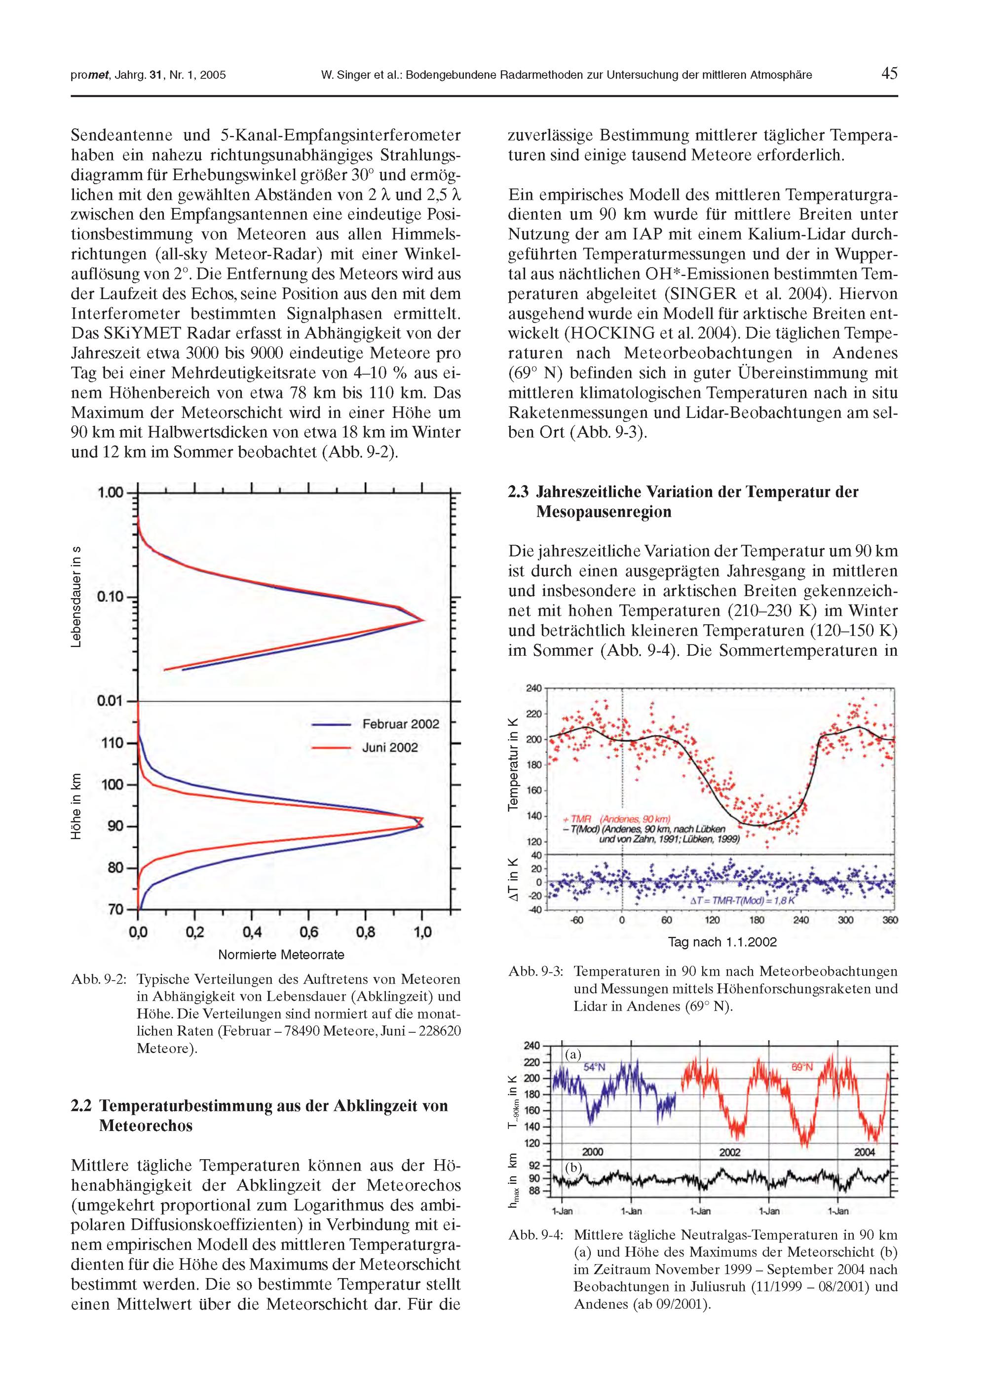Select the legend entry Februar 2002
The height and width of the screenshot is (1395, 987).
click(x=400, y=724)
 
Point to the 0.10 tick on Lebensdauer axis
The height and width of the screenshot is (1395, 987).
click(x=110, y=597)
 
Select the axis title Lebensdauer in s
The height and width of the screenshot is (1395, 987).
click(x=76, y=597)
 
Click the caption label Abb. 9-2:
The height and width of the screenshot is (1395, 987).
click(x=99, y=980)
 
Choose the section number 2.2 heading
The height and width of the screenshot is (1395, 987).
click(x=81, y=1106)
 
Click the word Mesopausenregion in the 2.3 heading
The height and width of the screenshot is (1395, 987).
click(x=604, y=512)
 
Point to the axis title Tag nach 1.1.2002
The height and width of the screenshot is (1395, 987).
click(x=722, y=943)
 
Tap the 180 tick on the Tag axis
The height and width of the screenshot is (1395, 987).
click(x=757, y=920)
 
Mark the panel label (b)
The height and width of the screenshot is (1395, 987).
click(x=573, y=1168)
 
